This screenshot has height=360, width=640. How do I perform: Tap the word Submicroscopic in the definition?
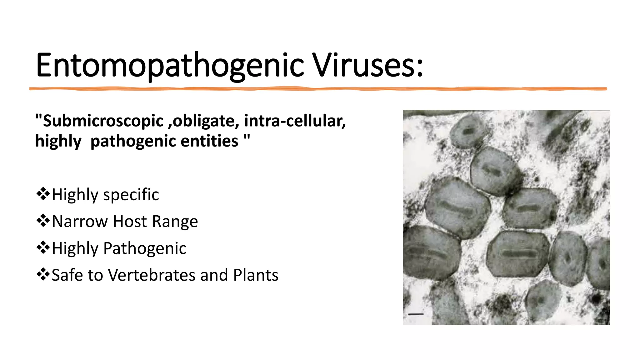point(103,121)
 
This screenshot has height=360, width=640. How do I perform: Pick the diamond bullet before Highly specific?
point(43,194)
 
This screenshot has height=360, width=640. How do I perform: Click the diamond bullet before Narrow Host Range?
point(43,221)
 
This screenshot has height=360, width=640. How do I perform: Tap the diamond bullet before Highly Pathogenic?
point(43,248)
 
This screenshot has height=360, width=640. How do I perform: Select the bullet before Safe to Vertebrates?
point(43,275)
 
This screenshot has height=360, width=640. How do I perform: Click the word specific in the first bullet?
point(131,195)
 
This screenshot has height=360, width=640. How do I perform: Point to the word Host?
point(130,221)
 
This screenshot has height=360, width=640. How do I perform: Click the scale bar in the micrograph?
point(416,314)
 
